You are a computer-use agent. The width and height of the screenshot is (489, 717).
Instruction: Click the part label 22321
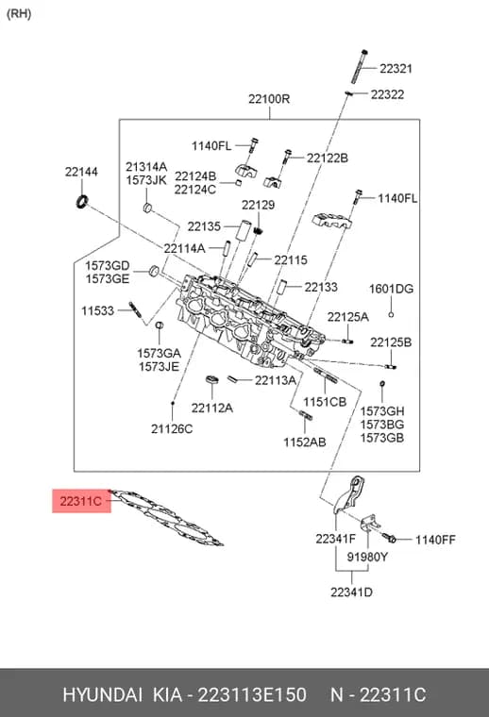click(396, 69)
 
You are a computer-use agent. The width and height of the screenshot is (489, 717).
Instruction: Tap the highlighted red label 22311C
click(81, 501)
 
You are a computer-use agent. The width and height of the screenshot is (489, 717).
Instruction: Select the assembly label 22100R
click(269, 99)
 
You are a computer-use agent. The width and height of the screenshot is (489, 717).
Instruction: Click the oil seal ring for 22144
click(82, 201)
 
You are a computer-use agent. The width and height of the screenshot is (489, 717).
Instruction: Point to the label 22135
click(204, 226)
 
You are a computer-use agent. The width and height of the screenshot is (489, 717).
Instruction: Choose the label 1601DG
click(391, 289)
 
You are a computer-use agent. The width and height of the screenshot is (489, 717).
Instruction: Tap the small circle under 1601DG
click(391, 314)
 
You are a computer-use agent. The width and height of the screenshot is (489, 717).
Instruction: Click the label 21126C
click(172, 429)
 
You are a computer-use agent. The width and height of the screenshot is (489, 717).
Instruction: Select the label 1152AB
click(305, 442)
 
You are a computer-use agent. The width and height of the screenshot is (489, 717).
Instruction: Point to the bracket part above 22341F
click(349, 493)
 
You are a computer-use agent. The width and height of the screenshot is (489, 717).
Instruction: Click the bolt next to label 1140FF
click(389, 538)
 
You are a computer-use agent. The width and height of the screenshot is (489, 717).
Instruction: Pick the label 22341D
click(351, 592)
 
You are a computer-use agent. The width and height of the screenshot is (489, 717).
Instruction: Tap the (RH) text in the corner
click(19, 14)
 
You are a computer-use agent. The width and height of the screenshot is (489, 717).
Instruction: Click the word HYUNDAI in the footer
click(103, 694)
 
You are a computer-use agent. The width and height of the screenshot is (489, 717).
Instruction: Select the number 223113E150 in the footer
click(252, 694)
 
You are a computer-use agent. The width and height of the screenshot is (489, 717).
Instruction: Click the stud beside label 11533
click(136, 311)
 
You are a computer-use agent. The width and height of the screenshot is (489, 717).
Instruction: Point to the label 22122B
click(327, 158)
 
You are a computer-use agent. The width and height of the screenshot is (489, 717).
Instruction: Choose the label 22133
click(321, 287)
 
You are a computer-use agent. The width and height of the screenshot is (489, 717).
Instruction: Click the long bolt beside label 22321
click(360, 66)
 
